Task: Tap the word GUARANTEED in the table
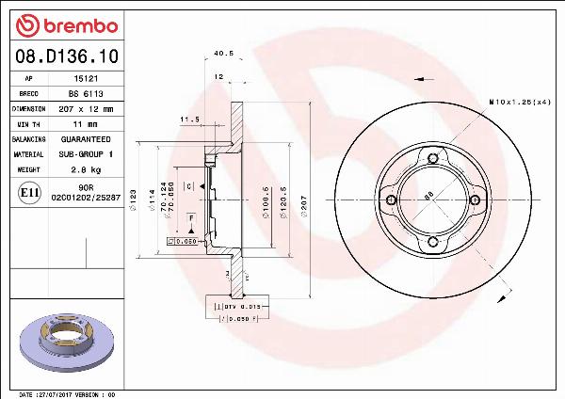(x=86, y=139)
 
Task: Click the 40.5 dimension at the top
(x=223, y=54)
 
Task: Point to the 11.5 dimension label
(x=190, y=120)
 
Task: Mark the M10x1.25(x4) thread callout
(x=520, y=101)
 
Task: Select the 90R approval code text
(x=87, y=188)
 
